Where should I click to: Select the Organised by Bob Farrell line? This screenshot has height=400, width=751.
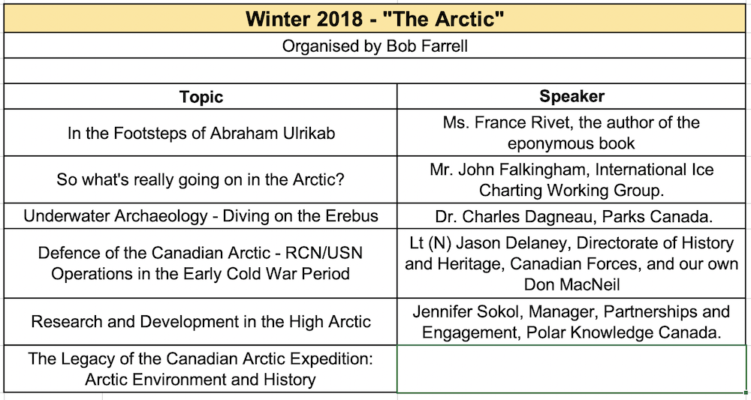[375, 46]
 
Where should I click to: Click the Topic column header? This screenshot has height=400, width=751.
[201, 97]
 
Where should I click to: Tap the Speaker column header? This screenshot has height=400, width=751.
[572, 96]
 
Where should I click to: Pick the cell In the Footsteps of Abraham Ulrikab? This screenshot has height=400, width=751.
[201, 133]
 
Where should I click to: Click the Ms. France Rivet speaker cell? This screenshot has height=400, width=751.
[572, 132]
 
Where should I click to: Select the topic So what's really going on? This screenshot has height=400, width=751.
[201, 180]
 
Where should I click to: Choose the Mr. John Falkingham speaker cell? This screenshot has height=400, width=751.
[572, 180]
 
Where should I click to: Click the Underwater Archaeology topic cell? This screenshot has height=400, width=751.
[201, 216]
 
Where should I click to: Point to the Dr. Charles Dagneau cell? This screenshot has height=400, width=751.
[572, 216]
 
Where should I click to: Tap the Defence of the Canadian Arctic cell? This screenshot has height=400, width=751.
[201, 263]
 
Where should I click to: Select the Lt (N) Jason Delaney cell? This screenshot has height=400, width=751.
[572, 263]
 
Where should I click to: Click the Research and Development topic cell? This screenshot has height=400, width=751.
[201, 321]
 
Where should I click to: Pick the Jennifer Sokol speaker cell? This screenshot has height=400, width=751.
[572, 321]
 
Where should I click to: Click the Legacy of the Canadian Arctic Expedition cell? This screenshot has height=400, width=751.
[201, 368]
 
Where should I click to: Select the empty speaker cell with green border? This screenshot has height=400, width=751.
[572, 368]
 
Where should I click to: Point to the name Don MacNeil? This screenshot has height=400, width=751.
[572, 284]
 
